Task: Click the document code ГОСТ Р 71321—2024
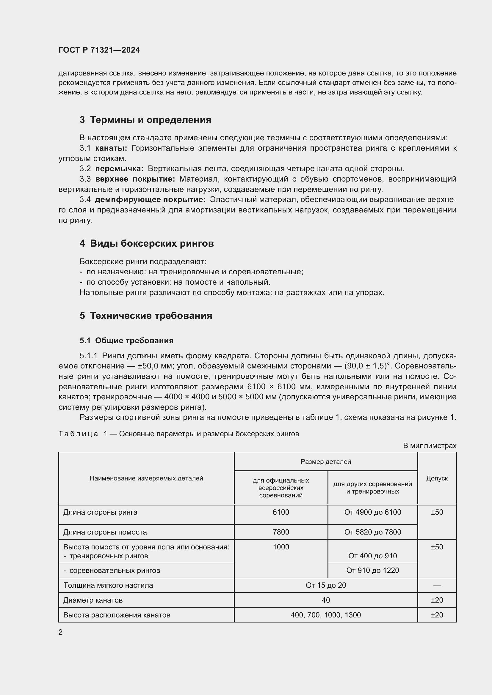point(99,50)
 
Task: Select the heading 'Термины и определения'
point(151,120)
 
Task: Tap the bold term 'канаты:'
point(111,148)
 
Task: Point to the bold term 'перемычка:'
point(119,168)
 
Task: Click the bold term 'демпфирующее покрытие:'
point(150,199)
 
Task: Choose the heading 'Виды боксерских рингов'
point(152,243)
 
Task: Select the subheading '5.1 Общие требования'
point(126,341)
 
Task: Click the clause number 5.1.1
point(88,356)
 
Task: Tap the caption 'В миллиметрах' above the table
point(429,446)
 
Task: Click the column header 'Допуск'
point(437,478)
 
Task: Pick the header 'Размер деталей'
point(326,462)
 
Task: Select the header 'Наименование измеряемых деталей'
point(146,478)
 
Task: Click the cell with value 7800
point(281,532)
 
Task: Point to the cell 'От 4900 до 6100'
point(372,512)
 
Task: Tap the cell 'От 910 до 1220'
point(372,570)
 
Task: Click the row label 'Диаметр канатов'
point(93,600)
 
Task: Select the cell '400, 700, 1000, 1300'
point(326,615)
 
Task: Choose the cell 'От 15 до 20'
point(326,585)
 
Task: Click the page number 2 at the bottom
point(61,632)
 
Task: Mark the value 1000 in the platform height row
point(281,547)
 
